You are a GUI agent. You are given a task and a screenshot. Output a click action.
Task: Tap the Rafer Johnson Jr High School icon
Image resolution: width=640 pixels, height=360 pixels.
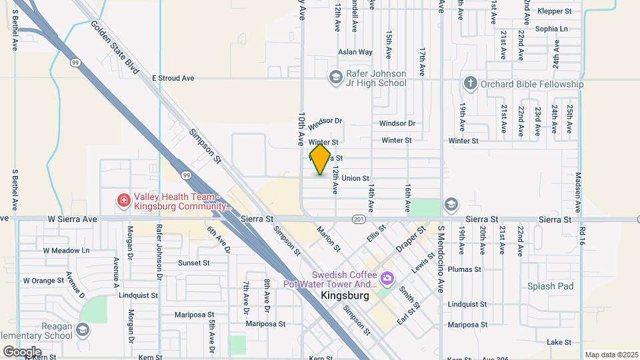(335, 78)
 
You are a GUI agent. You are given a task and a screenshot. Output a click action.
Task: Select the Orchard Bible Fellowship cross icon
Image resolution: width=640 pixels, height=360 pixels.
(471, 83)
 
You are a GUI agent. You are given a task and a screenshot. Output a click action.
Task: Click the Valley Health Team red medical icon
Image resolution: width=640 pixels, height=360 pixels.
(123, 200)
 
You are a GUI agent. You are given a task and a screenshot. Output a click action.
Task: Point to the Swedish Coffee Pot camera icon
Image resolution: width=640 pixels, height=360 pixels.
(387, 276)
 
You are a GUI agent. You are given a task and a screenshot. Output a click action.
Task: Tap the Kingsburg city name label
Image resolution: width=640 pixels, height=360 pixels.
(345, 295)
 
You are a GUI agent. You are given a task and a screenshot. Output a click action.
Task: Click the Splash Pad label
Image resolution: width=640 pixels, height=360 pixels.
(550, 286)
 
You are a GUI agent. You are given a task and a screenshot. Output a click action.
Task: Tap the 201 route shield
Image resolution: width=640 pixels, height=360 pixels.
(359, 219)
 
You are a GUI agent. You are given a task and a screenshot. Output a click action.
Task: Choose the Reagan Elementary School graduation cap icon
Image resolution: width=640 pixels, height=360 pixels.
(83, 329)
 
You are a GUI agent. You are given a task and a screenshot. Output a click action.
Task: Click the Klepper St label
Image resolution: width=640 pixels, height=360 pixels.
(555, 11)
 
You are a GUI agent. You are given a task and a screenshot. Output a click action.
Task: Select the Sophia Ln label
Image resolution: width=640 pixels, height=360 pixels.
(551, 29)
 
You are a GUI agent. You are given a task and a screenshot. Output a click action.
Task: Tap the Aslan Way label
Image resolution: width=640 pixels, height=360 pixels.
(355, 51)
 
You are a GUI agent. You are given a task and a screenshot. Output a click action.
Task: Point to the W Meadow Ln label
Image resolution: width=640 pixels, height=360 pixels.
(66, 251)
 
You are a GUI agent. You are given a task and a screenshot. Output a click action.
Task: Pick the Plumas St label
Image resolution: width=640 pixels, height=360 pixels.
(464, 269)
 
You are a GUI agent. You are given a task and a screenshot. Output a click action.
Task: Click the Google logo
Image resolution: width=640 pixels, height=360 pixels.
(22, 351)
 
